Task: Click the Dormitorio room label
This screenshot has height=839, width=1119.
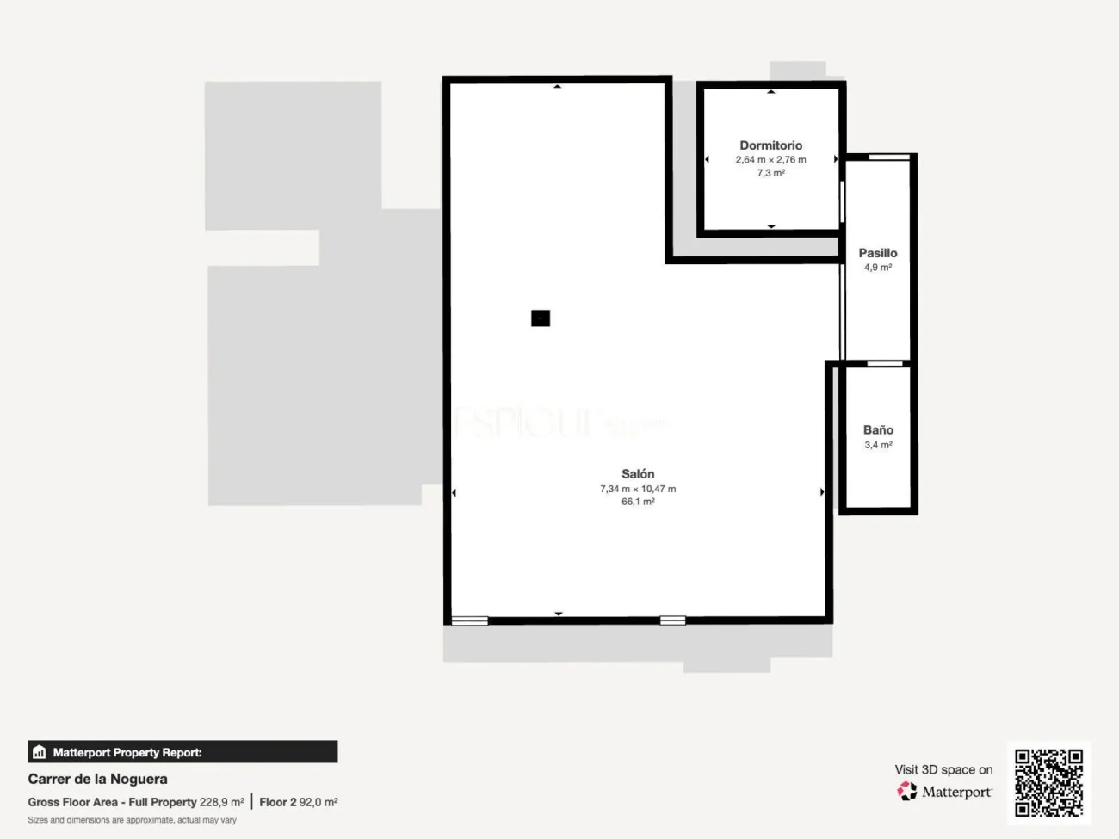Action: [x=770, y=145]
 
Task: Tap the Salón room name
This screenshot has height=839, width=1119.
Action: [x=638, y=474]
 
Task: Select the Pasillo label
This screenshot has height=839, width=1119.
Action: [x=877, y=253]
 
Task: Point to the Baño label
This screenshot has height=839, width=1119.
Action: [x=878, y=429]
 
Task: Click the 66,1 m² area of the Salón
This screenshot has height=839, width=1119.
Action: [x=638, y=502]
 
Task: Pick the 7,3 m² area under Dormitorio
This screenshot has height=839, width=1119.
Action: [x=770, y=173]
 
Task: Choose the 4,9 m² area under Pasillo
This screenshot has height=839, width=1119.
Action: [x=877, y=268]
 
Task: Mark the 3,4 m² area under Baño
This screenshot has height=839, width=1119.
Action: [x=878, y=445]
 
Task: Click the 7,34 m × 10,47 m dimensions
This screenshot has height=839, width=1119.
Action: [x=638, y=489]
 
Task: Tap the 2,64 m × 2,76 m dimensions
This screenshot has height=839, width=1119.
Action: [x=770, y=160]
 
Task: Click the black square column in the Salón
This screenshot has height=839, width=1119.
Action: [x=541, y=318]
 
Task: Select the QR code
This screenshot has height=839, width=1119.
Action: [x=1048, y=782]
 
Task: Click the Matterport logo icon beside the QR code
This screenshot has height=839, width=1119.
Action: [x=907, y=791]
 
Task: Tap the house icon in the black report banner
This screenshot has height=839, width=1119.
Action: [x=39, y=752]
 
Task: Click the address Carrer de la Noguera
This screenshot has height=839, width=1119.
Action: [x=97, y=779]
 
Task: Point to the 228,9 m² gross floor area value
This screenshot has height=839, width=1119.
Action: [x=221, y=802]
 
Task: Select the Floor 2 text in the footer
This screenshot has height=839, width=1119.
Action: [x=277, y=802]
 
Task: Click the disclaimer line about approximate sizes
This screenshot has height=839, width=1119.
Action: [x=132, y=820]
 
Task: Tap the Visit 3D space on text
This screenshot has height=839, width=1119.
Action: [x=943, y=769]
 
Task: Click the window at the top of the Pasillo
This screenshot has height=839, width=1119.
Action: [x=889, y=157]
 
